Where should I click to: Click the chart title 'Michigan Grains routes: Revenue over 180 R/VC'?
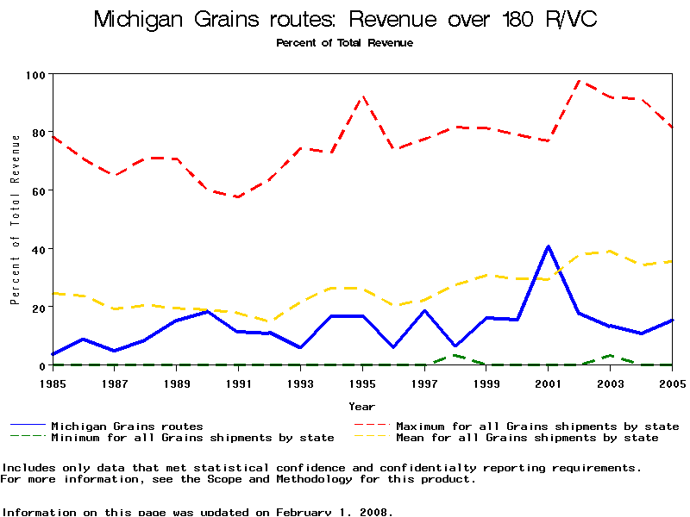coord(344,19)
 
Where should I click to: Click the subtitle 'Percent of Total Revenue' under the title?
coord(344,43)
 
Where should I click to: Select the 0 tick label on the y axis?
coord(41,365)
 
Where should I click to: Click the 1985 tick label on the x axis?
coord(53,383)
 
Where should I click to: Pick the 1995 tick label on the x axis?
coord(363,383)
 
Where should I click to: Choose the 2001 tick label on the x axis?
coord(549,383)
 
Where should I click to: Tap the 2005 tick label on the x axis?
coord(672,383)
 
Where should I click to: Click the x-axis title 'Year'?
coord(362,406)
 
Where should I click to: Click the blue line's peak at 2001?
coord(549,246)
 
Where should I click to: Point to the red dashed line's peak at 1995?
coord(363,97)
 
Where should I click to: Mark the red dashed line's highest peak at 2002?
coord(580,81)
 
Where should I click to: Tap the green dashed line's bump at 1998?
coord(456,355)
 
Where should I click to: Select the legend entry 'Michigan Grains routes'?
coord(127,426)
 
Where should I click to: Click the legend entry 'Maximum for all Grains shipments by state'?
coord(537,426)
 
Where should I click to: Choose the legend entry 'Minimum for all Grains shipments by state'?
coord(192,438)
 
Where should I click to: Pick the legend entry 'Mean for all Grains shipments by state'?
coord(527,438)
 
